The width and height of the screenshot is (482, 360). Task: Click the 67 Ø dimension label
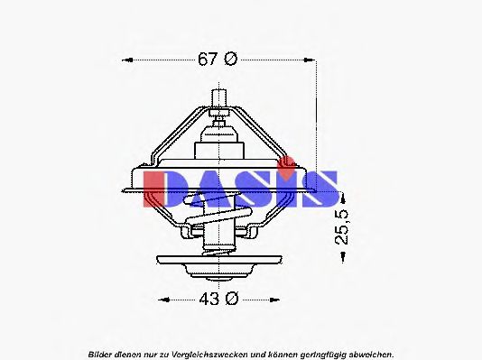[x=218, y=60]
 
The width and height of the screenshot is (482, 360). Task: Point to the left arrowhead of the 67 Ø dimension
[x=125, y=60]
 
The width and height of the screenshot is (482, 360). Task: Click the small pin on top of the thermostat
[x=218, y=97]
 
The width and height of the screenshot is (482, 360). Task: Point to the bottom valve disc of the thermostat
[x=218, y=263]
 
